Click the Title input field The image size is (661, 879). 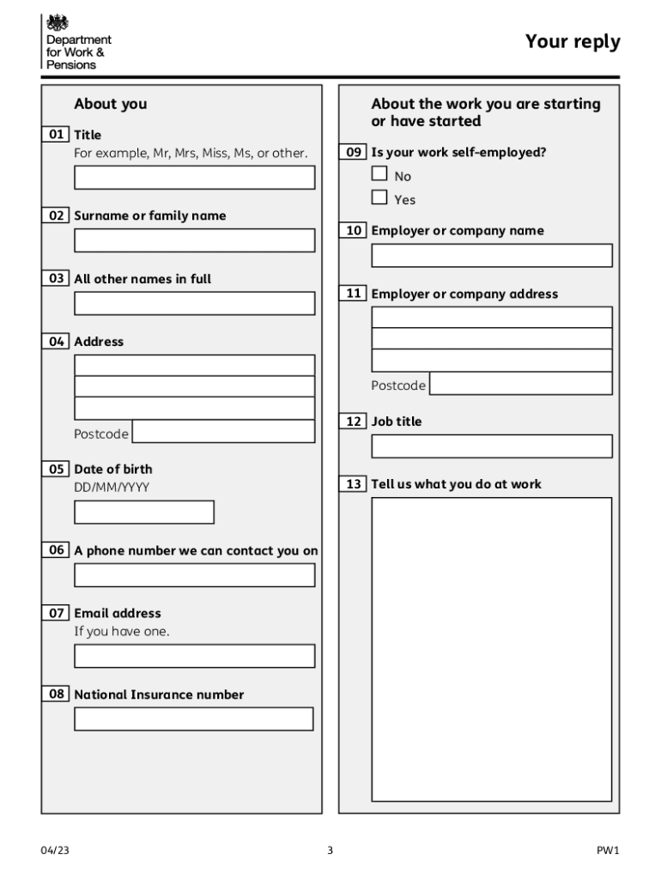point(194,178)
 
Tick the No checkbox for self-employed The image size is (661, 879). point(379,174)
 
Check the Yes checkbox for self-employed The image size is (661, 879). point(379,198)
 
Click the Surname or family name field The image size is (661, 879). point(194,240)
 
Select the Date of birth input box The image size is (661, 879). point(143,512)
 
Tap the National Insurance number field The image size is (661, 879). point(193,719)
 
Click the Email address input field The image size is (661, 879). point(194,657)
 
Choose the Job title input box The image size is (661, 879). point(491,446)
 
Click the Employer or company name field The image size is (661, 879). point(491,256)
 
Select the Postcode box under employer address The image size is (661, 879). point(520,384)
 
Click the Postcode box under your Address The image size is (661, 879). point(223,432)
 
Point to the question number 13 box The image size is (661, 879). point(353,484)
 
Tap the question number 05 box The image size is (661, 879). point(56,469)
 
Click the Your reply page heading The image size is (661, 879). point(572,42)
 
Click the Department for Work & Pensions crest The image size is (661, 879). point(58,23)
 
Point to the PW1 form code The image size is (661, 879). point(608,851)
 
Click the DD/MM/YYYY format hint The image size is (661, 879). point(112,488)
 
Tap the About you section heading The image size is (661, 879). point(111,104)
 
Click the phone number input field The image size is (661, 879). point(194,575)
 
